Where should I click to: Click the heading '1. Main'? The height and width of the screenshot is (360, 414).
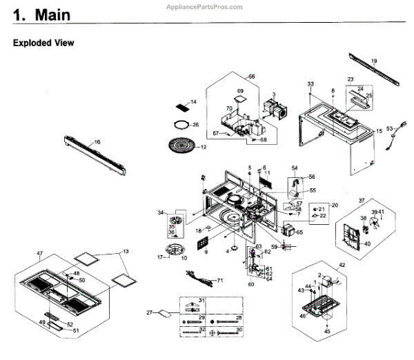[x=43, y=14]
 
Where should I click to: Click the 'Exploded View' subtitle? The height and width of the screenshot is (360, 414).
[x=43, y=43]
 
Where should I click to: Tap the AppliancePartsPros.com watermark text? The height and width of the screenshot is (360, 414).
[x=205, y=6]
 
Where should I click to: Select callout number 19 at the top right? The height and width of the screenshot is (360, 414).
[x=374, y=61]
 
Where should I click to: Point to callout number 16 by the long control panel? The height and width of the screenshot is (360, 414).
[x=97, y=142]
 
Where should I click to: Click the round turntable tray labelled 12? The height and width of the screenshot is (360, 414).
[x=182, y=146]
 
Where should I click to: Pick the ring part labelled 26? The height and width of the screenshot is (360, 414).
[x=181, y=125]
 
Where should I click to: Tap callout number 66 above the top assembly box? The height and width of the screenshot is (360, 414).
[x=251, y=76]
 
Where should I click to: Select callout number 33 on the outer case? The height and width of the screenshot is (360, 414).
[x=310, y=84]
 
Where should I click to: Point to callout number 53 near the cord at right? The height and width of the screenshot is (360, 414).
[x=389, y=128]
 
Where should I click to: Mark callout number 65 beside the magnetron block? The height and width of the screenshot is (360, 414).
[x=299, y=233]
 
